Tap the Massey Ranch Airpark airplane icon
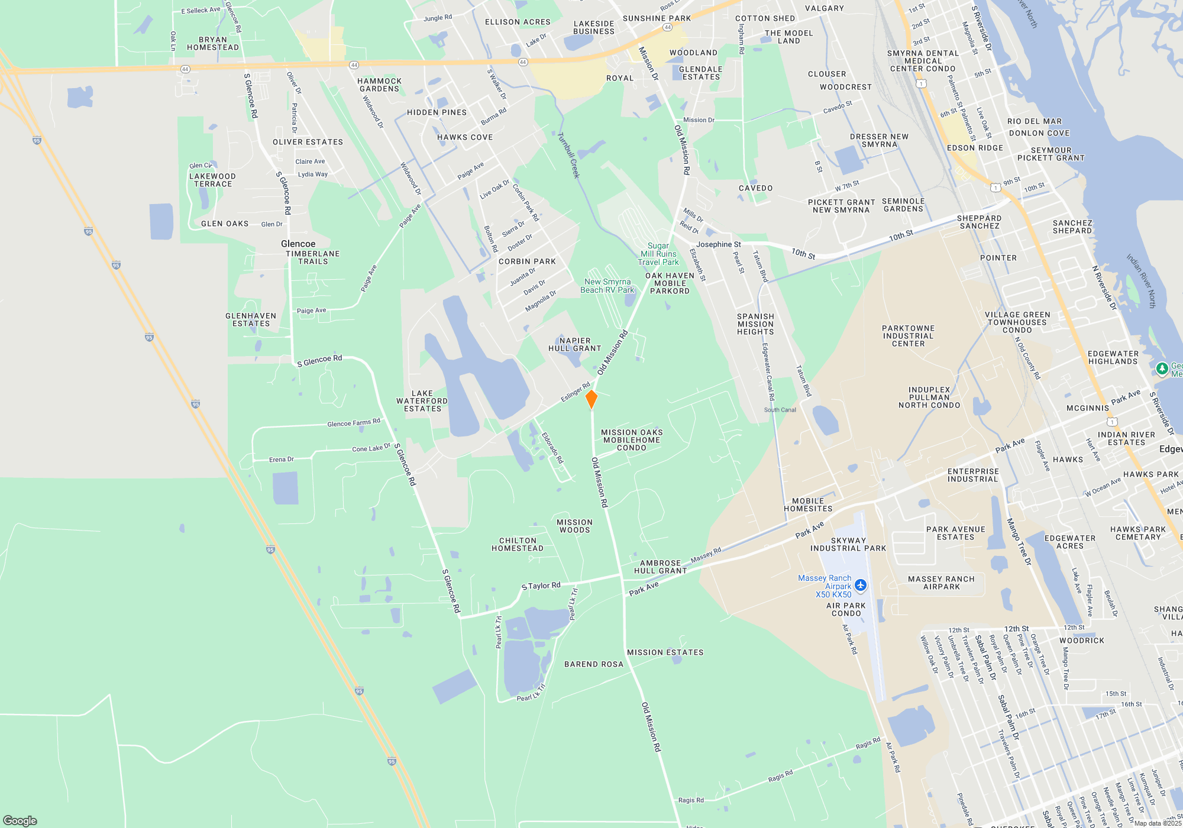[x=860, y=586]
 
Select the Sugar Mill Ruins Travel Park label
[x=658, y=254]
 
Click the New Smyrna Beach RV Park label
[x=607, y=286]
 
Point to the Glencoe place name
[x=298, y=244]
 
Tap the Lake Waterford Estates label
[x=422, y=401]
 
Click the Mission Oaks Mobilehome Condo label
[x=632, y=440]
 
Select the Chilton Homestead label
[x=518, y=545]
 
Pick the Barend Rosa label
[x=594, y=664]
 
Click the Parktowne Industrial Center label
[x=908, y=336]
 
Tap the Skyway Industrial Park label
[x=848, y=545]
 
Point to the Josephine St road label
[x=718, y=244]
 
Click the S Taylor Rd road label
[x=541, y=586]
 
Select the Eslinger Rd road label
[x=576, y=392]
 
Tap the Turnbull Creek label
[x=568, y=155]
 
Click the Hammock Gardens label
[x=379, y=85]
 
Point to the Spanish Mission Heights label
[x=755, y=324]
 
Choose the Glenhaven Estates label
[x=251, y=320]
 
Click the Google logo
[x=20, y=821]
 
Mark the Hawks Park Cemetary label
[x=1138, y=533]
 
